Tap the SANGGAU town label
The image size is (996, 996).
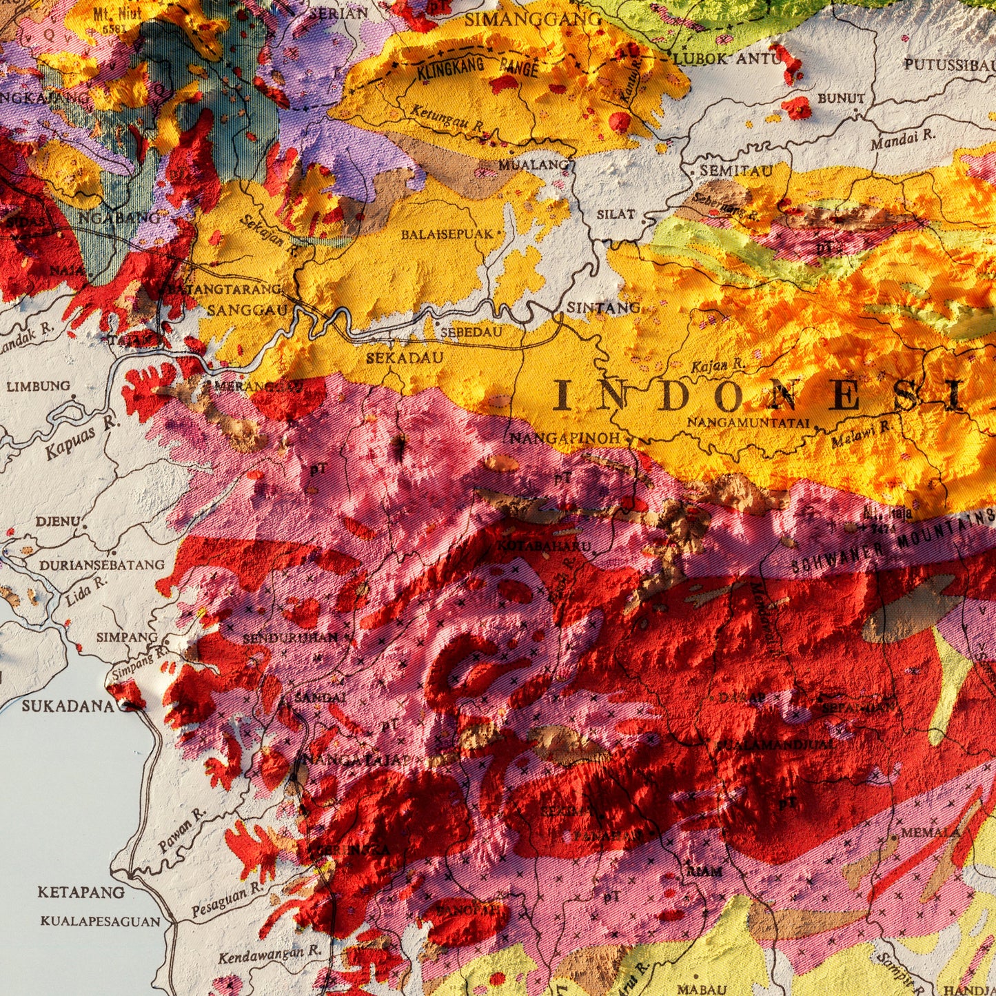pos(247,310)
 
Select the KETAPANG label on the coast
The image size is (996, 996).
pos(81,892)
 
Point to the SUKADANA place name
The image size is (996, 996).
pos(68,706)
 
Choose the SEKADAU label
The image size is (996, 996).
pos(404,358)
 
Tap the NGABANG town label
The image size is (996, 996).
pos(120,218)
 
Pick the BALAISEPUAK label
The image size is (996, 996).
pos(447,234)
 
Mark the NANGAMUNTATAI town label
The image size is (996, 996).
pos(747,422)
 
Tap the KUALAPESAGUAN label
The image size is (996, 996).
pos(100,921)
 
